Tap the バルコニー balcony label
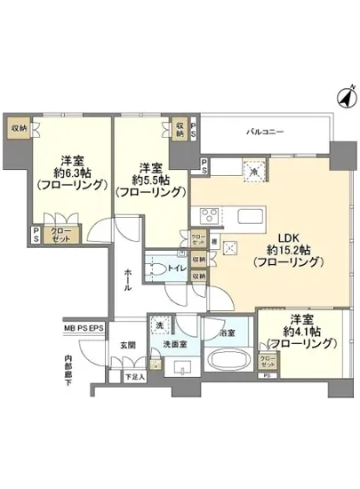266,132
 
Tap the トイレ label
176,268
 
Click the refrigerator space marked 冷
252,172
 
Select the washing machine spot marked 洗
161,325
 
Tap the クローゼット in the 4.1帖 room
266,362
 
